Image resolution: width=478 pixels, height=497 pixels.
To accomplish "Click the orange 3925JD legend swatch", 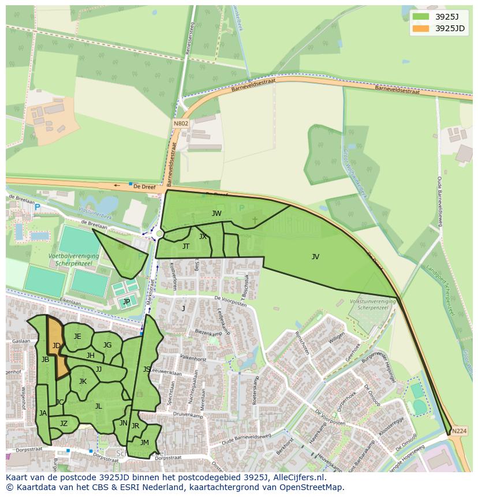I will [421, 28].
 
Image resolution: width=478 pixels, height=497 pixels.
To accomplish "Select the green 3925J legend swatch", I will [421, 17].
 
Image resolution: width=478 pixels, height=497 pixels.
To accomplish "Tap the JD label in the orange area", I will [57, 346].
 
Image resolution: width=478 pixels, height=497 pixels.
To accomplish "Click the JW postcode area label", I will [216, 214].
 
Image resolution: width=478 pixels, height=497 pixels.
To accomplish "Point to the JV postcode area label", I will [315, 257].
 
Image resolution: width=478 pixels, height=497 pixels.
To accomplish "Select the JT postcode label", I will [186, 246].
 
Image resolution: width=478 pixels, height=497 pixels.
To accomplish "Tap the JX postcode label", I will [203, 237].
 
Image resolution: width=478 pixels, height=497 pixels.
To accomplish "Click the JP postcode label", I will [126, 301].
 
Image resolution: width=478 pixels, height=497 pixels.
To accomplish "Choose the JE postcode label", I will [77, 337].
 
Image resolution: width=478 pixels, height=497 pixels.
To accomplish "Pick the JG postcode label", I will [107, 345].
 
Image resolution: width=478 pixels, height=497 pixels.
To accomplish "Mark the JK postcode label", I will [83, 382].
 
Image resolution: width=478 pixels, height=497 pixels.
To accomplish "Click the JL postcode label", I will [98, 406].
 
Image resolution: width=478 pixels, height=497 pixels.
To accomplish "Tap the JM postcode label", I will [144, 443].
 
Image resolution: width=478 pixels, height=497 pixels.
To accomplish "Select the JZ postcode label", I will [64, 424].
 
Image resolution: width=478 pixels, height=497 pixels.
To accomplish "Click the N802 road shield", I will [180, 123].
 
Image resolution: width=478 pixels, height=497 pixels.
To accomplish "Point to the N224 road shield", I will [459, 431].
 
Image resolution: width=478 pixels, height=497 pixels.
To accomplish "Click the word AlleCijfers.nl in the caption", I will [297, 477].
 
